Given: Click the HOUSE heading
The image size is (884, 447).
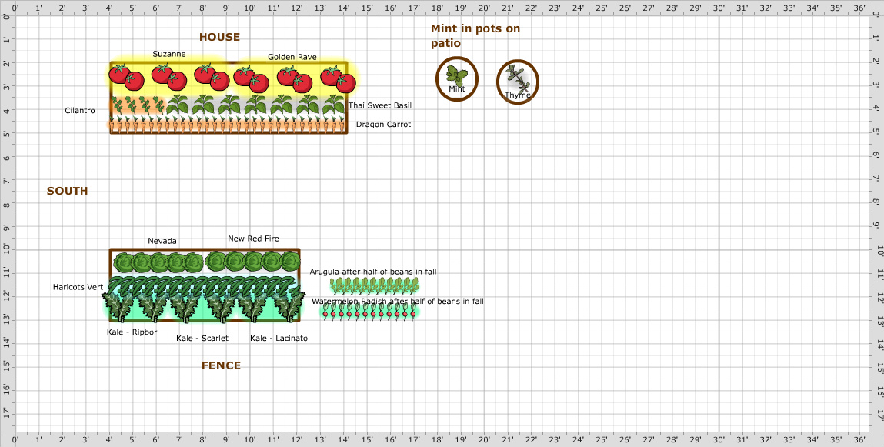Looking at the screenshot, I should (x=219, y=37).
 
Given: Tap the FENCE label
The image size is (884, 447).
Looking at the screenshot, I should (x=221, y=365).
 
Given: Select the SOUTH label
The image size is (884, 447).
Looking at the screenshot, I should (x=67, y=191).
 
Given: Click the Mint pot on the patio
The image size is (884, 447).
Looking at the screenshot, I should (x=457, y=78).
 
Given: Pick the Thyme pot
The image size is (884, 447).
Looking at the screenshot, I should (x=517, y=81).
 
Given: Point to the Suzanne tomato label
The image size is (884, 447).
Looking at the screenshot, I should (x=168, y=54).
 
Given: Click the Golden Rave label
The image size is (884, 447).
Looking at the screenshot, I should (x=292, y=57).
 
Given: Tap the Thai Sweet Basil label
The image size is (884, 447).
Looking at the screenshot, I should (x=379, y=105).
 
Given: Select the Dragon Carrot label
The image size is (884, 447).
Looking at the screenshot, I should (x=383, y=124).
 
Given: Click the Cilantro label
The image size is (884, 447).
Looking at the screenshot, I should (x=80, y=111).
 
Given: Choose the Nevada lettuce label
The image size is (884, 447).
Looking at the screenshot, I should (x=162, y=241).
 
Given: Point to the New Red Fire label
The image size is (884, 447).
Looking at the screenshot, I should (x=253, y=239).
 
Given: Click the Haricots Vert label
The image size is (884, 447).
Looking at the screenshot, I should (x=78, y=287).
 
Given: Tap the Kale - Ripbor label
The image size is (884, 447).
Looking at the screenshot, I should (x=132, y=332).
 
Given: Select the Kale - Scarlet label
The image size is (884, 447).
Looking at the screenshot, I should (x=202, y=338).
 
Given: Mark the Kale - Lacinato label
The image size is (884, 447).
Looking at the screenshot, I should (x=279, y=338).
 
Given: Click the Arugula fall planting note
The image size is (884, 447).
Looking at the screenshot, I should (x=373, y=272).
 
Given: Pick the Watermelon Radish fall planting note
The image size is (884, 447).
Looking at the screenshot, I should (x=397, y=301).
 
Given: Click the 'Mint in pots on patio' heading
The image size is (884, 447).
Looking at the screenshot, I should (x=475, y=35).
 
